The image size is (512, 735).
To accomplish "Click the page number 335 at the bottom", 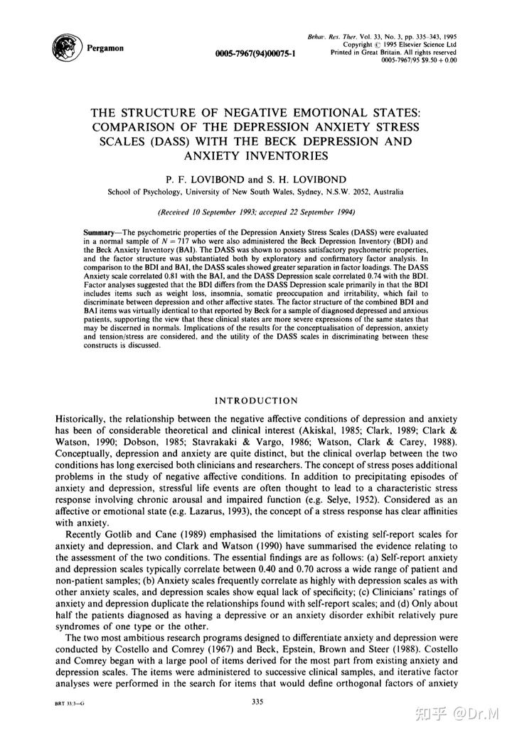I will (258, 702).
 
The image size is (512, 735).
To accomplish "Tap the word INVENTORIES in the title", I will (256, 156).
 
